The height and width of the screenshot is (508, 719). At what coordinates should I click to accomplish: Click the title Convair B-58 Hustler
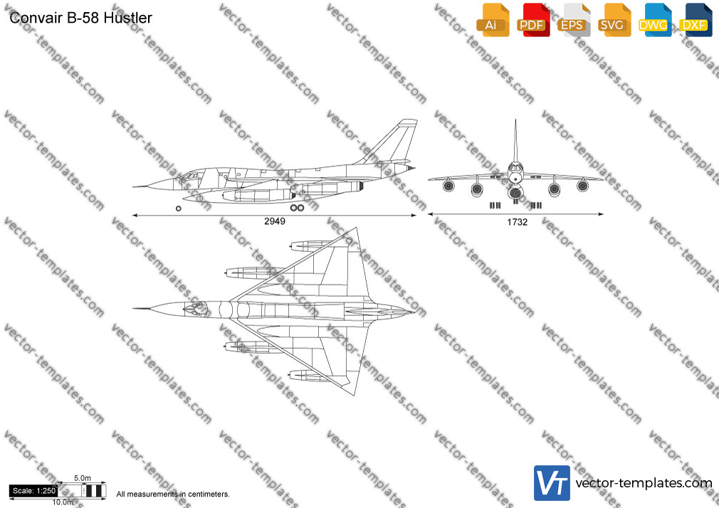tap(80, 18)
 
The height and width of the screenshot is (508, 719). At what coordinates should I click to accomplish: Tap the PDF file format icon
tap(533, 20)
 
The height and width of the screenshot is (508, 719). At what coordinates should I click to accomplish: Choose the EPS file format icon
tap(574, 20)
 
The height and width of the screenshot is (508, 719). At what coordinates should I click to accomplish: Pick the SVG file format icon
tap(614, 20)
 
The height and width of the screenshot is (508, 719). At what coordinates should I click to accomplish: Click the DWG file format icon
tap(655, 20)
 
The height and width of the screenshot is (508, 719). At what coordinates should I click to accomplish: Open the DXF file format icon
tap(696, 20)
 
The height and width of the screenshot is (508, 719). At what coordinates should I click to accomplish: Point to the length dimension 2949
tap(275, 221)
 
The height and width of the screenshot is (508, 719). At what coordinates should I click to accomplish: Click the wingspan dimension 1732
tap(518, 223)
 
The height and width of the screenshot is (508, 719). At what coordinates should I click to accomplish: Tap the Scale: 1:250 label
tap(34, 491)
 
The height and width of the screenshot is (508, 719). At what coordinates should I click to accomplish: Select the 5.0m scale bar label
tap(83, 478)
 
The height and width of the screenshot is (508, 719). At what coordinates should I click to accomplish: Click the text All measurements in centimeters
tap(173, 494)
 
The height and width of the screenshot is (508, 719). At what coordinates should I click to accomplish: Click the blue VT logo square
tap(552, 483)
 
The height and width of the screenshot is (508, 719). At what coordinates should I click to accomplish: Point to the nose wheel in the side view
tap(179, 208)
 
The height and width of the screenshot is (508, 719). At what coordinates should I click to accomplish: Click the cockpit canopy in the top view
tap(193, 309)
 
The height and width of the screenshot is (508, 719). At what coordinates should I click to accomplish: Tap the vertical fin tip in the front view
tap(515, 120)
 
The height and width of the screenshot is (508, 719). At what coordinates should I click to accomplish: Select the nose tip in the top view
tap(134, 309)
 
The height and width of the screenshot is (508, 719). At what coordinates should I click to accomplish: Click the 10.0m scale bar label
tap(63, 502)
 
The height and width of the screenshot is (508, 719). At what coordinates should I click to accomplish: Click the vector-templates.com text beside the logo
tap(644, 483)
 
